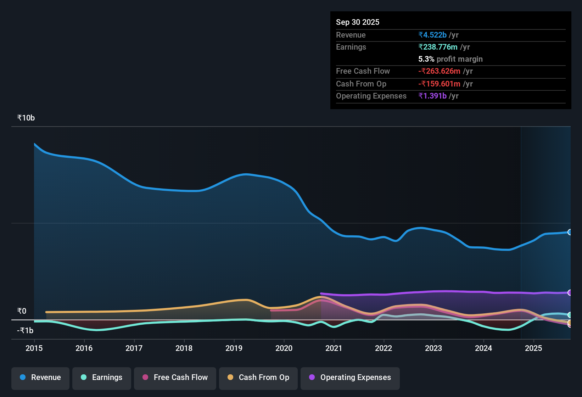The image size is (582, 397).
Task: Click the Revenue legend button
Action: (x=40, y=378)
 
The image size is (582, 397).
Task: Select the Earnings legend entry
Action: (x=102, y=378)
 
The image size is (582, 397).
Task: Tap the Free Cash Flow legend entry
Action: (x=175, y=378)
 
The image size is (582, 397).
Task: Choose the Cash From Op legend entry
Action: (x=258, y=378)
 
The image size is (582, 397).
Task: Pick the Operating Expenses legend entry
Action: (x=350, y=378)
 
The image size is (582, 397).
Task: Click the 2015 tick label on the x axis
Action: (x=34, y=348)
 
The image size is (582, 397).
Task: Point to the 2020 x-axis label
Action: (x=284, y=348)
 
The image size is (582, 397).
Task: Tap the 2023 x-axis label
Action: (x=433, y=348)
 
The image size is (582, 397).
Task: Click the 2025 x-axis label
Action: (x=533, y=348)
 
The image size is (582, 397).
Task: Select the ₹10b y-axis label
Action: (x=26, y=118)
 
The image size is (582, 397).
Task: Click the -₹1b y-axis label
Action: (x=26, y=331)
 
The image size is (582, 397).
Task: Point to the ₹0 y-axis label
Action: (x=22, y=311)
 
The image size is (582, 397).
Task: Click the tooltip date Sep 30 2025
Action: (x=358, y=22)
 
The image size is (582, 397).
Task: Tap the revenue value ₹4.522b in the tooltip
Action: (x=432, y=35)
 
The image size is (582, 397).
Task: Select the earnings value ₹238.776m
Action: (x=438, y=47)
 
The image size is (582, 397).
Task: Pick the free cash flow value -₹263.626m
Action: (x=440, y=71)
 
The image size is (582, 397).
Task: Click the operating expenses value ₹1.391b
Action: (x=432, y=96)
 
